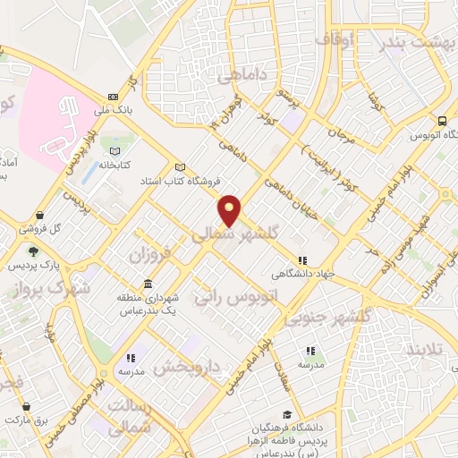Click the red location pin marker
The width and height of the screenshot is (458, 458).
[x=230, y=209]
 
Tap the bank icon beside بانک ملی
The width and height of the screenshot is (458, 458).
[x=113, y=98]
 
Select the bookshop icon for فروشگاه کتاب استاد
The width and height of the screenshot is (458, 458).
[x=182, y=167]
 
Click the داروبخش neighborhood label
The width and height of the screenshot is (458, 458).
[x=187, y=365]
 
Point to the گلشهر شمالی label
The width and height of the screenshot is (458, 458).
[x=236, y=233]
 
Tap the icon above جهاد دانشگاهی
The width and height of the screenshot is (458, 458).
[x=302, y=260]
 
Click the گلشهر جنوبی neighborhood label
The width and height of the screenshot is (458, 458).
[x=327, y=318]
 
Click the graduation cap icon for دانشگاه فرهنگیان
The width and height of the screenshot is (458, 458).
[x=286, y=414]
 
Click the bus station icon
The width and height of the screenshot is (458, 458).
[x=442, y=121]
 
